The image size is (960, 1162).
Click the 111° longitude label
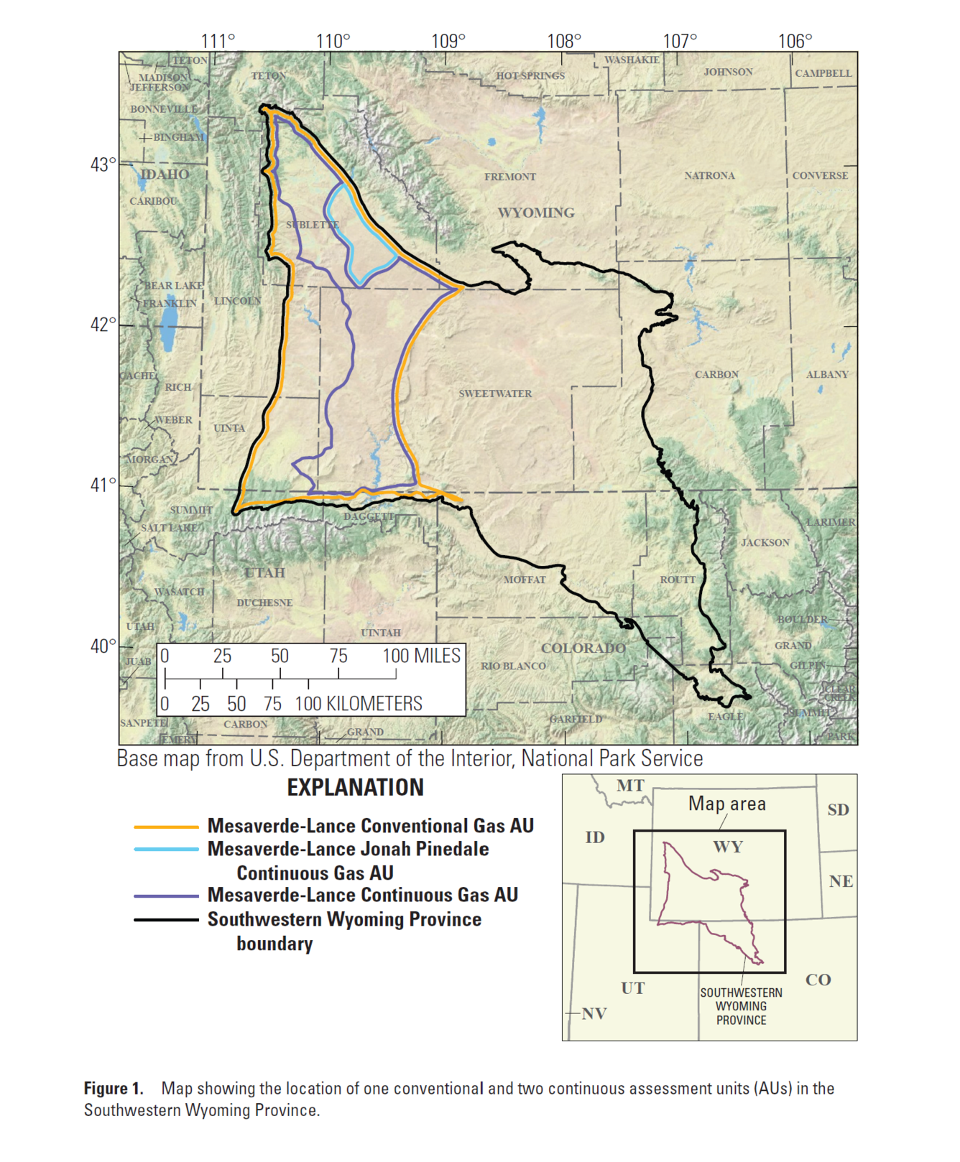pyautogui.click(x=218, y=41)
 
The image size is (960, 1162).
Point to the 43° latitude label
pyautogui.click(x=103, y=164)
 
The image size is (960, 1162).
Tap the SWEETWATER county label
pyautogui.click(x=495, y=394)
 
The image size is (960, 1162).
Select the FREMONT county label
pyautogui.click(x=509, y=177)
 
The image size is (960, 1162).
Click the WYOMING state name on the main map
pyautogui.click(x=536, y=213)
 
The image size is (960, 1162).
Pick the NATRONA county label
pyautogui.click(x=709, y=175)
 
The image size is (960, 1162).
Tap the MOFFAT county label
pyautogui.click(x=525, y=580)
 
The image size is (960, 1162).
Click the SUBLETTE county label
pyautogui.click(x=313, y=225)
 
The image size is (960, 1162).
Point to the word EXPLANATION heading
pyautogui.click(x=355, y=788)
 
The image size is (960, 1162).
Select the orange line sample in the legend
pyautogui.click(x=166, y=827)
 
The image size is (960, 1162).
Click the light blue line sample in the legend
pyautogui.click(x=166, y=850)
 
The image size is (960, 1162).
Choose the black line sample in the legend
pyautogui.click(x=166, y=920)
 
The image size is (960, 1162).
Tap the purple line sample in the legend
pyautogui.click(x=166, y=896)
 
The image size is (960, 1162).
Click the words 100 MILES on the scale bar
pyautogui.click(x=421, y=656)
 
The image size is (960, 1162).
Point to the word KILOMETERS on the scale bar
pyautogui.click(x=374, y=704)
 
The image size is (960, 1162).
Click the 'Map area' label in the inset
pyautogui.click(x=726, y=804)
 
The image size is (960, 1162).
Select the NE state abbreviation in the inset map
pyautogui.click(x=841, y=881)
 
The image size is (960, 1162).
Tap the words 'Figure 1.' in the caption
pyautogui.click(x=114, y=1089)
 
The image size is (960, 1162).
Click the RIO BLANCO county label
pyautogui.click(x=513, y=666)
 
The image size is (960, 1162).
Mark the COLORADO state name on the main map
pyautogui.click(x=583, y=648)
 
